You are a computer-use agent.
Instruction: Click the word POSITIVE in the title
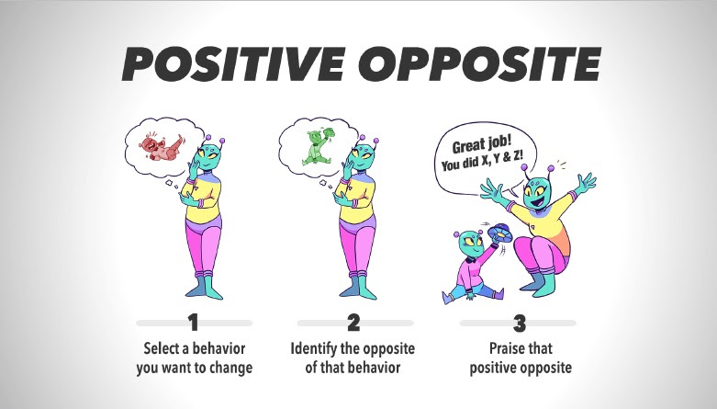pos(233,63)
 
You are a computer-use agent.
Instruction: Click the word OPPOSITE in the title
pos(484,63)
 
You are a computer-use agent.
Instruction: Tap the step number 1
pos(194,323)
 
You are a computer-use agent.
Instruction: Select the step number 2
pos(353,323)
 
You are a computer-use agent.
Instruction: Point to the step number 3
pos(520,324)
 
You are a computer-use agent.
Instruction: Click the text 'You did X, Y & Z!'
pos(482,161)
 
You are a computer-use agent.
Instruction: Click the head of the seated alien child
pos(470,244)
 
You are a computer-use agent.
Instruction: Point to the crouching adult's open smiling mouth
pos(539,200)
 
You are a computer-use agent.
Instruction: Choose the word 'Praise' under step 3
pos(505,348)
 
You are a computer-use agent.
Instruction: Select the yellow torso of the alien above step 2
pos(359,199)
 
